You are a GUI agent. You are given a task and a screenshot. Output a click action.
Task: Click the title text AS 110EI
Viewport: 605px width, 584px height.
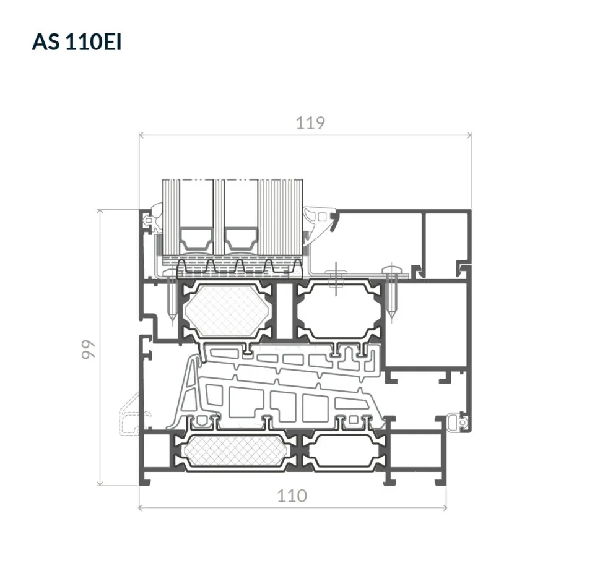[x=77, y=41]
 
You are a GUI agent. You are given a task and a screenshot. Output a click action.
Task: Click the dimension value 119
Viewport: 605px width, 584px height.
[x=311, y=123]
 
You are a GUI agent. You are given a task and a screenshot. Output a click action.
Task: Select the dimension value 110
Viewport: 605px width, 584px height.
[x=292, y=496]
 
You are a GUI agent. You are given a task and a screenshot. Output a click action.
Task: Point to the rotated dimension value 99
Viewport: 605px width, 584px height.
[x=89, y=350]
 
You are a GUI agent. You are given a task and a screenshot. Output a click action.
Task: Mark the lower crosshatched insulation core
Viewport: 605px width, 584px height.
[x=236, y=452]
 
